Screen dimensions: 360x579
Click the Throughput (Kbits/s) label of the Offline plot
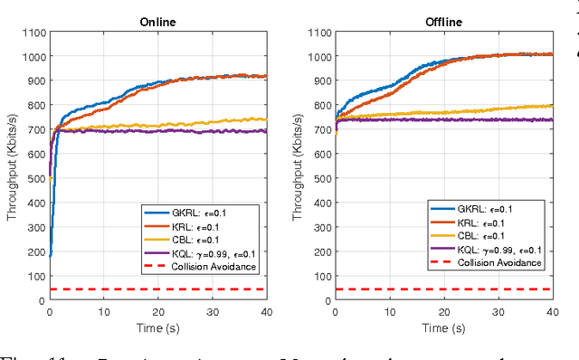click(x=296, y=167)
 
